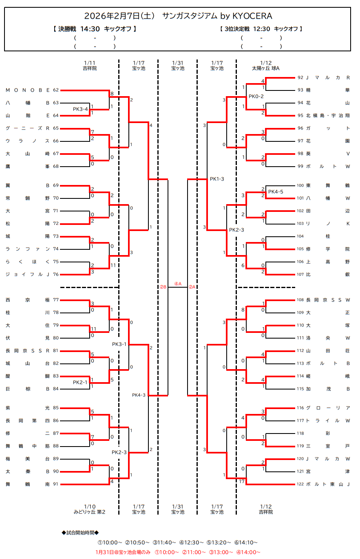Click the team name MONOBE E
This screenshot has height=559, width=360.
(x=27, y=90)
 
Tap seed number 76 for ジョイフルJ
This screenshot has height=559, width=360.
(x=56, y=274)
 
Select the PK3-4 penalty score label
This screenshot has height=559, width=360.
(x=81, y=109)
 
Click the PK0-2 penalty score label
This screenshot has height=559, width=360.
(x=256, y=97)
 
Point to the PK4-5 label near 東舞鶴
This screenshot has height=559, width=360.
(x=276, y=191)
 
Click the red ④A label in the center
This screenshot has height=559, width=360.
(x=178, y=284)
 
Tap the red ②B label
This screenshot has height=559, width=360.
(x=163, y=287)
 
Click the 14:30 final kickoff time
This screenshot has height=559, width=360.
(x=90, y=29)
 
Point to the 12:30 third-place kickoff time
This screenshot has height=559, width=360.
(x=261, y=29)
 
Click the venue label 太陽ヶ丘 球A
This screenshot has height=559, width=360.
(x=266, y=68)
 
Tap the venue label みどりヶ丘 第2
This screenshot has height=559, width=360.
(x=90, y=512)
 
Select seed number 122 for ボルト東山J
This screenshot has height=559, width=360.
(x=301, y=484)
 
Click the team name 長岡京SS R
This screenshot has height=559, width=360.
(x=27, y=351)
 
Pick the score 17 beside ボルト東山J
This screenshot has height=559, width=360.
(x=242, y=481)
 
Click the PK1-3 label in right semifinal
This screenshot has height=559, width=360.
(x=217, y=179)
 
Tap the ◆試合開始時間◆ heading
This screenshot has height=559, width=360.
(x=80, y=533)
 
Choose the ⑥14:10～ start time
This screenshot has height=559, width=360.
(x=246, y=542)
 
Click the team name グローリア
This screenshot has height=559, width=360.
(x=328, y=408)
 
